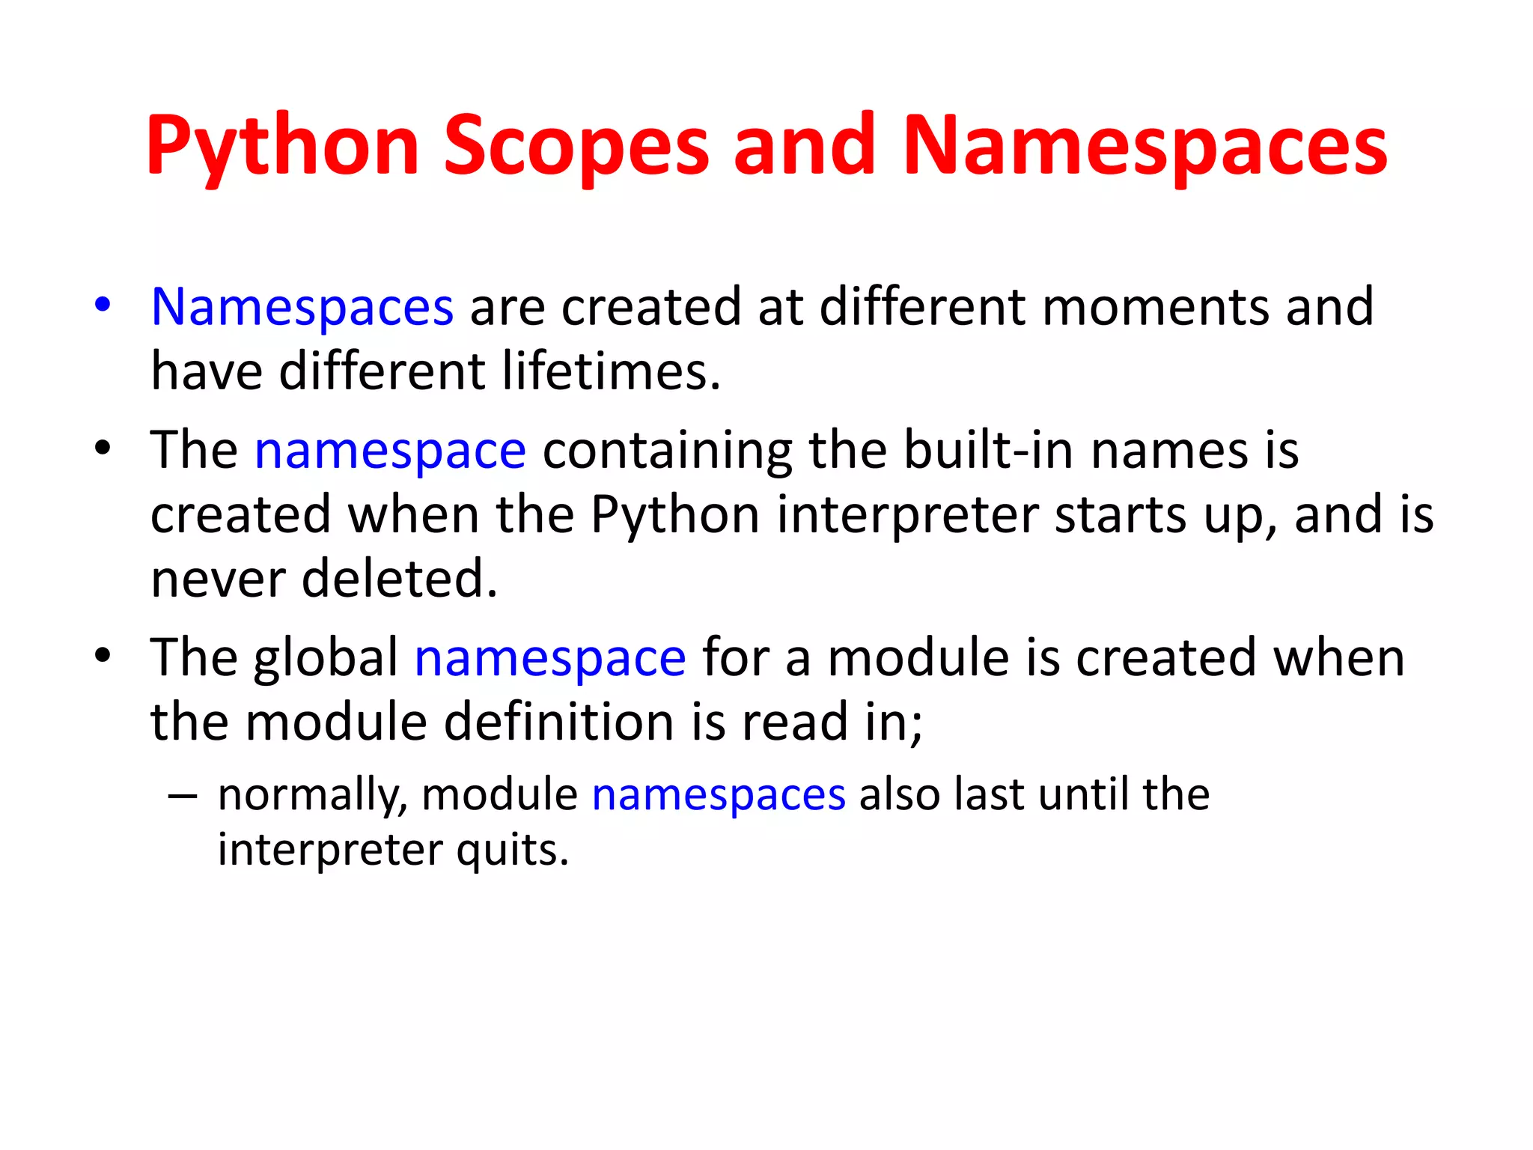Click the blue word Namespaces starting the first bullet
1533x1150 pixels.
tap(302, 308)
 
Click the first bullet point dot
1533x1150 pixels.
tap(103, 305)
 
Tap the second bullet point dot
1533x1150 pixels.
tap(103, 448)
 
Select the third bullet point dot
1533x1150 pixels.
tap(103, 656)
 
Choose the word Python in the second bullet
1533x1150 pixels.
tap(674, 516)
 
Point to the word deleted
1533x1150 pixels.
tap(399, 579)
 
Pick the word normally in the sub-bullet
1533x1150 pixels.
tap(311, 795)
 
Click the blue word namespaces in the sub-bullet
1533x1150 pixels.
tap(719, 795)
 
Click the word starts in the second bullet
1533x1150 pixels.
tap(1120, 516)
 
